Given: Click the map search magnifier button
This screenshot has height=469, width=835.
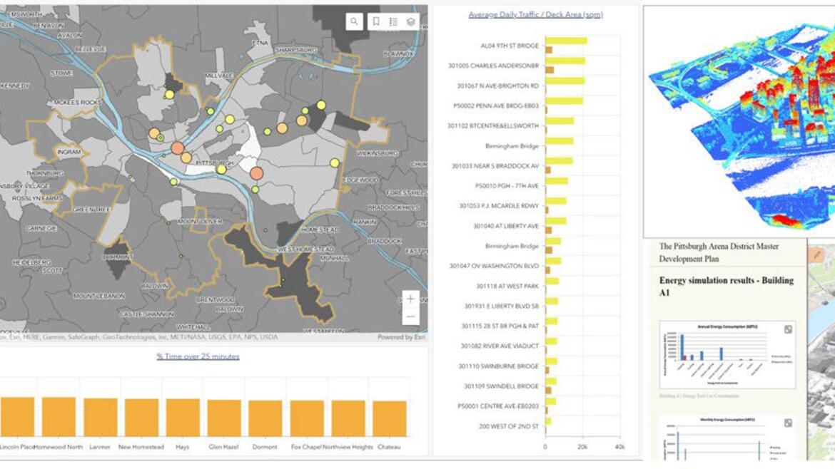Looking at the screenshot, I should [x=355, y=22].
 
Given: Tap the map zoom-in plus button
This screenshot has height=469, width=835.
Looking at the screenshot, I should [x=410, y=299].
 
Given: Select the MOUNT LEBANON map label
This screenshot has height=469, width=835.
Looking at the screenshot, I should [x=98, y=296].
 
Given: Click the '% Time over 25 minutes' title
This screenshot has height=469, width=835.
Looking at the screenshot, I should [x=198, y=356].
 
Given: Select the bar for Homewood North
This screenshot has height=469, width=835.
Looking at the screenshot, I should [x=59, y=417].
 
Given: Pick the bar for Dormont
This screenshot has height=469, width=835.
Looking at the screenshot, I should [x=265, y=418].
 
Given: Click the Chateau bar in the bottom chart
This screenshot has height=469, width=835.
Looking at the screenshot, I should [x=389, y=418].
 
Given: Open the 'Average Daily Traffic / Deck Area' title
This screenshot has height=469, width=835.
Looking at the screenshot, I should [x=535, y=14].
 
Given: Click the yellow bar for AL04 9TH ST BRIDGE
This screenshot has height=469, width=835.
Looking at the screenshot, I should [x=566, y=41].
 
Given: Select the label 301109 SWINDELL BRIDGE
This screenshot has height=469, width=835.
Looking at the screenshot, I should [x=501, y=386].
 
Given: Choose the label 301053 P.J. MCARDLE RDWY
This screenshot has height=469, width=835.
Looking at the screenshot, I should [x=499, y=206].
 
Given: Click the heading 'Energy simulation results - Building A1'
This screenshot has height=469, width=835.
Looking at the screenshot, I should [x=726, y=286].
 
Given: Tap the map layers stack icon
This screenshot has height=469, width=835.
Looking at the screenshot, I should [x=410, y=22].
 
